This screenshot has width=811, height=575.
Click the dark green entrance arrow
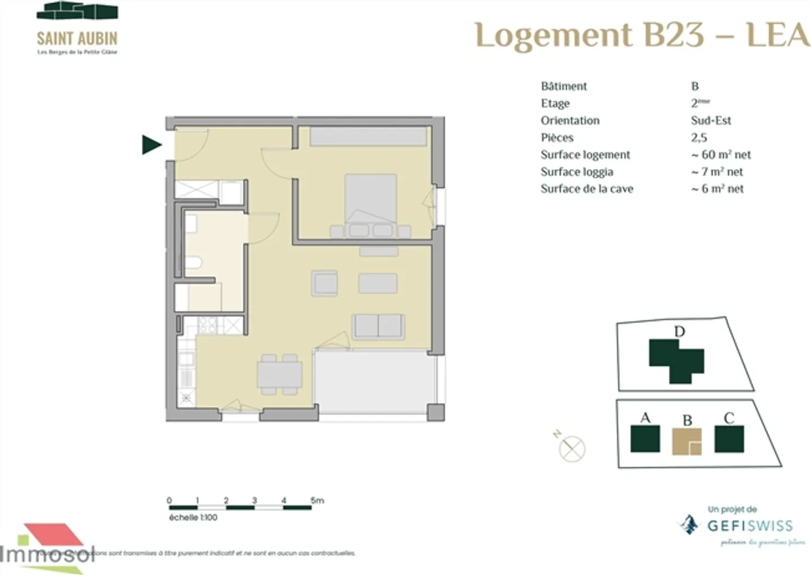point(151,145)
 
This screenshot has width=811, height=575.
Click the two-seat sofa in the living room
point(378,327)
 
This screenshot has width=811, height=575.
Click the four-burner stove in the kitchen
point(208,325)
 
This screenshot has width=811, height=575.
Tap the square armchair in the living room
point(325,283)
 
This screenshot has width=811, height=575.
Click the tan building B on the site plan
point(687,441)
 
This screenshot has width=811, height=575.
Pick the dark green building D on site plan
point(676,360)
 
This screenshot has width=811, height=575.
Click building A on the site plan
point(645,439)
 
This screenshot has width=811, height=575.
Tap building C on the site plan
point(729,439)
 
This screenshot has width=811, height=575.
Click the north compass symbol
point(571,449)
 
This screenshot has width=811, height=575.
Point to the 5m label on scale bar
point(317,500)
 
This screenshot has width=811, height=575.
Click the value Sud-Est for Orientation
point(711,120)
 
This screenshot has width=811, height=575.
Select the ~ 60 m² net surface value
point(721,155)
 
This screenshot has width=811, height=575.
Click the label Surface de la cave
point(587,189)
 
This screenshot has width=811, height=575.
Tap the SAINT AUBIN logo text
point(77,38)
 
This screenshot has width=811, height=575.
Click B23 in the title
point(674,35)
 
